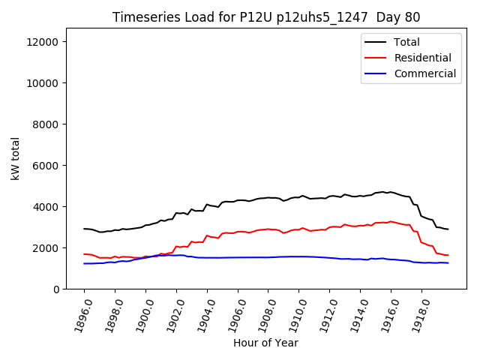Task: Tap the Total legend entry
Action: pyautogui.click(x=406, y=42)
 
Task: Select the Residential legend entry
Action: pyautogui.click(x=422, y=58)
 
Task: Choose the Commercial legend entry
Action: pyautogui.click(x=424, y=73)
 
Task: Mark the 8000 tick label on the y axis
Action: pyautogui.click(x=47, y=124)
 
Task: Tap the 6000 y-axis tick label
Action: pyautogui.click(x=47, y=166)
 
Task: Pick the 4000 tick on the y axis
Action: pyautogui.click(x=47, y=207)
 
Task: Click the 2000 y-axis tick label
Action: pyautogui.click(x=47, y=248)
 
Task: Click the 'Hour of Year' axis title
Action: pyautogui.click(x=265, y=343)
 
